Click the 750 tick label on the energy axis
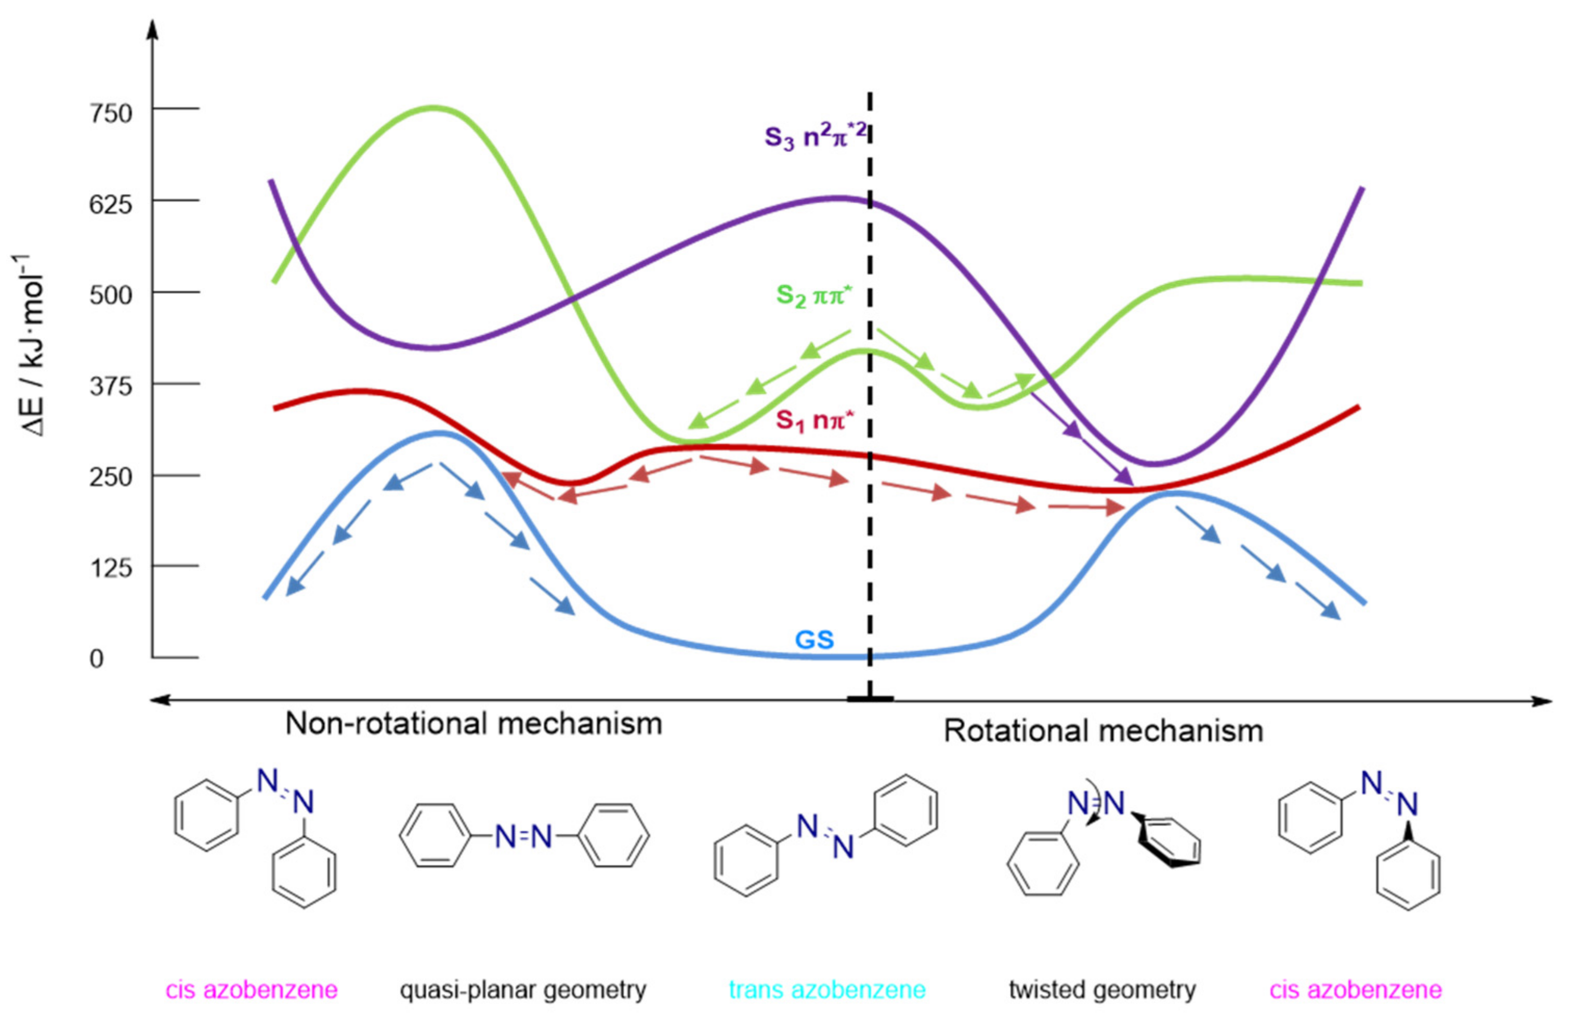tap(111, 113)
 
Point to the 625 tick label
tap(111, 205)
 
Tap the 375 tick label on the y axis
tap(111, 386)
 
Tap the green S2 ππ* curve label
tap(814, 296)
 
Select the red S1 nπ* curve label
tap(814, 420)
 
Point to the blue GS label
tap(814, 639)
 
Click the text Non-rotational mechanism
tap(474, 724)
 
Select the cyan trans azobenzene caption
tap(827, 989)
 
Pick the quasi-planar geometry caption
tap(523, 989)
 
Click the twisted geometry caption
tap(1102, 989)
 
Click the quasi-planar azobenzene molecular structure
tap(524, 836)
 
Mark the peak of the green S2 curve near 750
tap(432, 107)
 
